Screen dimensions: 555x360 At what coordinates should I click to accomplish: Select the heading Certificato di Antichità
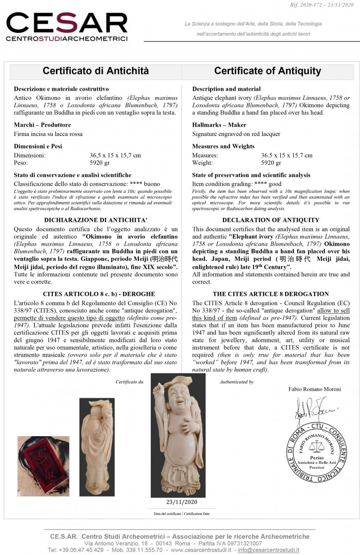click(x=96, y=71)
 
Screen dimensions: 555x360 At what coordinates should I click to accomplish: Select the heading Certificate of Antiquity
click(x=267, y=71)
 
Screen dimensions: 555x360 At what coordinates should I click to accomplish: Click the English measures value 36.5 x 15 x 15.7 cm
click(x=286, y=155)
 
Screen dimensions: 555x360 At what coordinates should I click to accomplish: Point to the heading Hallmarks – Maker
click(x=219, y=125)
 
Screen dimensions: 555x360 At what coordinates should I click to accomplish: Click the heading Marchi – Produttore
click(x=42, y=125)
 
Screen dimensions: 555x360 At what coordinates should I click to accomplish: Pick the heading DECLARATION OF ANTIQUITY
click(x=271, y=220)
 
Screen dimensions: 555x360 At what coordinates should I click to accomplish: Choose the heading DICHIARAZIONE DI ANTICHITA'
click(x=95, y=220)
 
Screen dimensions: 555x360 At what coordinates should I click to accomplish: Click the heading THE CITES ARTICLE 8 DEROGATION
click(x=271, y=294)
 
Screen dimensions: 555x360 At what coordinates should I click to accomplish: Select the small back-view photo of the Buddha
click(x=97, y=446)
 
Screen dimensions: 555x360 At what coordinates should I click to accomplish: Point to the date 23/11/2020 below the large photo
click(x=178, y=502)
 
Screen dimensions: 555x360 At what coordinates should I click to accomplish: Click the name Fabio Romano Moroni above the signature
click(x=315, y=389)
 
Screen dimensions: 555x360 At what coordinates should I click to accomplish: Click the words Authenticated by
click(x=236, y=382)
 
